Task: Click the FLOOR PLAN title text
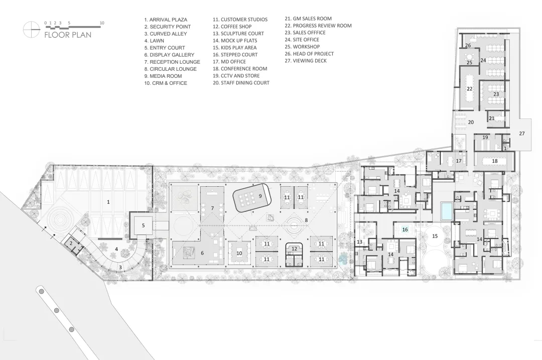click(x=68, y=35)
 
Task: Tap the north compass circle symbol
click(x=31, y=29)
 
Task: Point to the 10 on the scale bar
click(x=101, y=23)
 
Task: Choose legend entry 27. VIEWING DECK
click(x=306, y=61)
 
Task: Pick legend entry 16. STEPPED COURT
click(x=235, y=55)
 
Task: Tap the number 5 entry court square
click(x=143, y=225)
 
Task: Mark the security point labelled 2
click(x=71, y=243)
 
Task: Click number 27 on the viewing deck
click(x=521, y=133)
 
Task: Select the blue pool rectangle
click(x=446, y=211)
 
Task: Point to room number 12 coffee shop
click(x=294, y=249)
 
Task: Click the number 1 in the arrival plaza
click(x=108, y=202)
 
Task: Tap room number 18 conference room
click(x=495, y=161)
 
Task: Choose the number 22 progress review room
click(x=469, y=89)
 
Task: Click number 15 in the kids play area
click(x=435, y=236)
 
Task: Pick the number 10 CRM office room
click(x=239, y=253)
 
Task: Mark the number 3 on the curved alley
click(x=120, y=267)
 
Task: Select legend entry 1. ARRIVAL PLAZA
click(x=166, y=20)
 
